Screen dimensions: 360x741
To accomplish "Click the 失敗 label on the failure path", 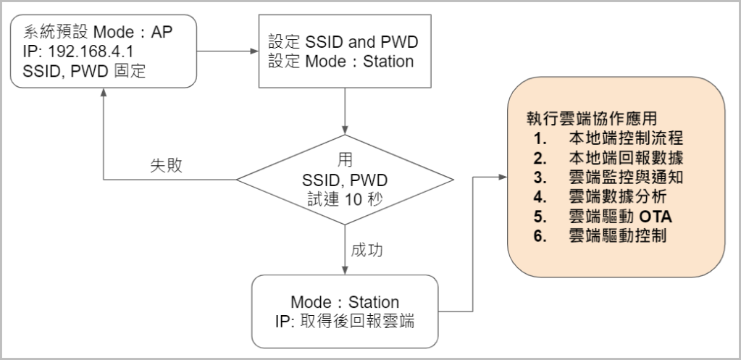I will (166, 165).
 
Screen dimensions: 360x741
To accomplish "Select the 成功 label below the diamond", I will (367, 251).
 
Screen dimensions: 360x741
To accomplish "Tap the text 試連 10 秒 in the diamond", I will (345, 198).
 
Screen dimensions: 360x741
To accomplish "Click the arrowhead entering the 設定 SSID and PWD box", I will (254, 51).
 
